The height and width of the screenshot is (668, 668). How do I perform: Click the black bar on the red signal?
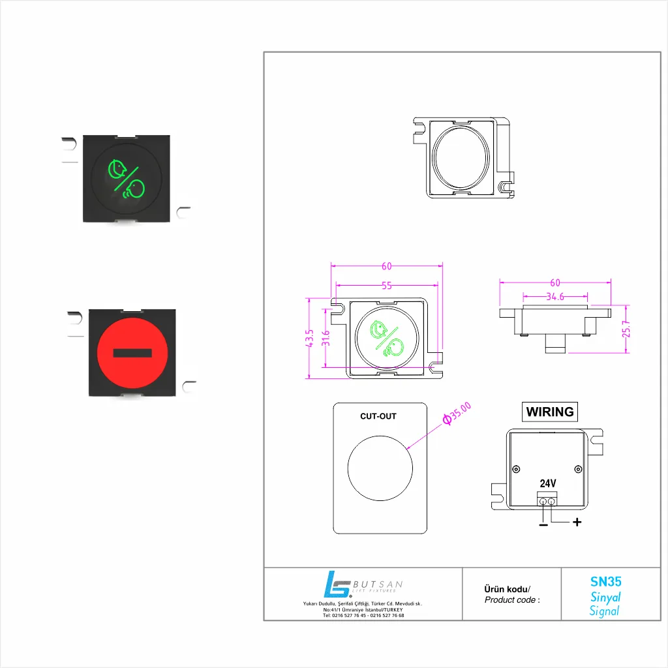tap(132, 353)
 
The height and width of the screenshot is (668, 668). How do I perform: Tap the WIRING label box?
tap(549, 412)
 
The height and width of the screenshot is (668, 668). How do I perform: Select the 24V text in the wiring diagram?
tap(548, 483)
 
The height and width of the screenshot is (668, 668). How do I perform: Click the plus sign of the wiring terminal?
tap(577, 522)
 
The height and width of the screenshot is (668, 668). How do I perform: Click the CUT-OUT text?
tap(378, 416)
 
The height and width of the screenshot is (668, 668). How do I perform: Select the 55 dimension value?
tap(386, 286)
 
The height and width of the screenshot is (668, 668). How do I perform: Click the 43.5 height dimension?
tap(310, 338)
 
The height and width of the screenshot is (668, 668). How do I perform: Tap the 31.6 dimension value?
tap(326, 338)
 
